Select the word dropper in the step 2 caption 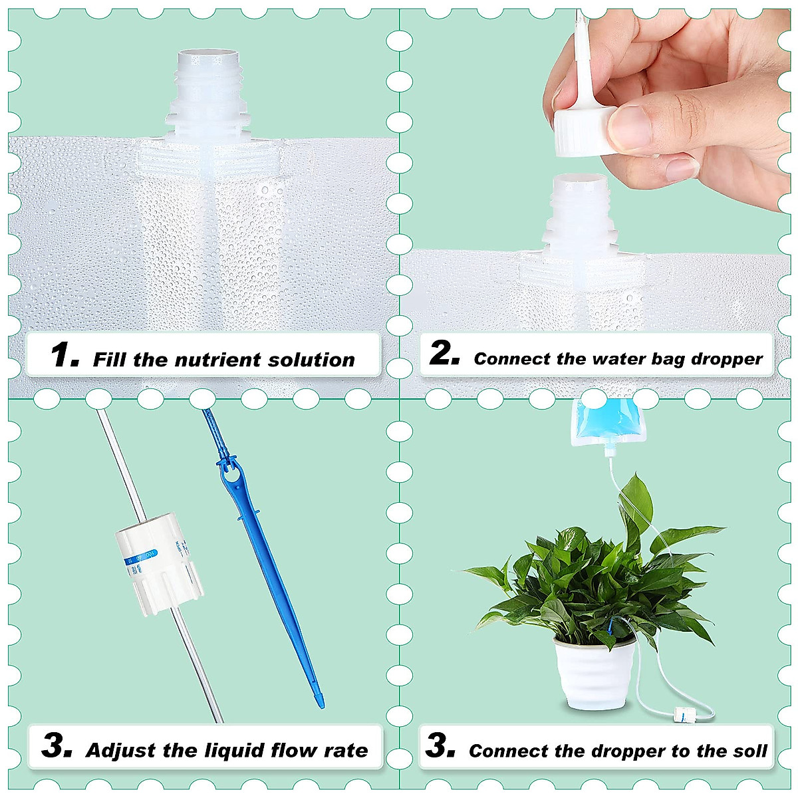tap(726, 359)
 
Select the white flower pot tap(593, 672)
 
